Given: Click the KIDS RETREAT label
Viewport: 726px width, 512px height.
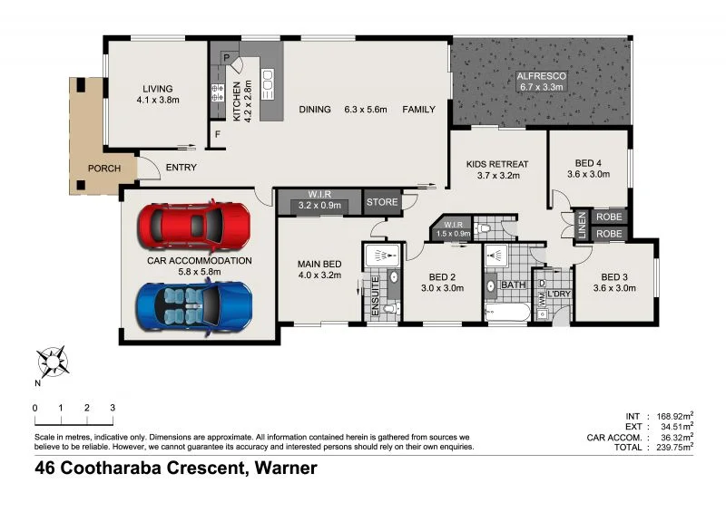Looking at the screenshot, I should (x=496, y=164).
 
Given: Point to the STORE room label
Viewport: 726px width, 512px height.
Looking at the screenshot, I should (x=382, y=202).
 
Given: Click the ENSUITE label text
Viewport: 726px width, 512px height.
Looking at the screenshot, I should (x=375, y=300).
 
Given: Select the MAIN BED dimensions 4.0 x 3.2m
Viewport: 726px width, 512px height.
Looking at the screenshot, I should (x=319, y=276).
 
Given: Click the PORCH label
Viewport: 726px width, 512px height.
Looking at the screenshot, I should (x=103, y=169).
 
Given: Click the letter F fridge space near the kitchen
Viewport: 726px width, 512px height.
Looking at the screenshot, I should (x=218, y=136).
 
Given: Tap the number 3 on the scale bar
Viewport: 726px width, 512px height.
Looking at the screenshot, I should (x=112, y=408).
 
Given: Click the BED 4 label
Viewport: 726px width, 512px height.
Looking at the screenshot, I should (x=584, y=163).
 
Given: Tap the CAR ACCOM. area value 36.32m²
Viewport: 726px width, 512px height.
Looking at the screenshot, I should (x=674, y=436).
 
